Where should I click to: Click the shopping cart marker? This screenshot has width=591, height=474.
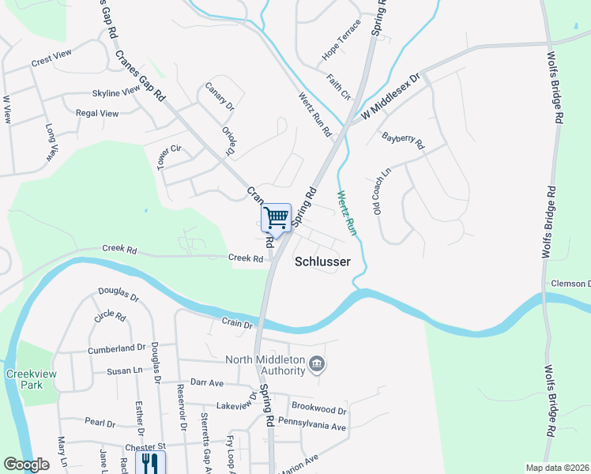pyautogui.click(x=276, y=217)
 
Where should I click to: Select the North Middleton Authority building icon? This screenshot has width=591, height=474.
pyautogui.click(x=317, y=364)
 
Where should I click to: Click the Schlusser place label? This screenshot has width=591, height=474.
pyautogui.click(x=322, y=261)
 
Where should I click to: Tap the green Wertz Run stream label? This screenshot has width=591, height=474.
pyautogui.click(x=347, y=213)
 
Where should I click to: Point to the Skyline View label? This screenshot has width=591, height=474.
pyautogui.click(x=115, y=92)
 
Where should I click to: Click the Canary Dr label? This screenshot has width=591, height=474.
pyautogui.click(x=220, y=96)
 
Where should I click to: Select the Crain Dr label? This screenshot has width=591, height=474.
pyautogui.click(x=237, y=323)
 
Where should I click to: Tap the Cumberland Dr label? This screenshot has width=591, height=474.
pyautogui.click(x=119, y=347)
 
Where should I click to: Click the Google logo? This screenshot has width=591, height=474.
pyautogui.click(x=26, y=465)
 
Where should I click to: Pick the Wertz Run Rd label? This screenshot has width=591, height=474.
pyautogui.click(x=314, y=114)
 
